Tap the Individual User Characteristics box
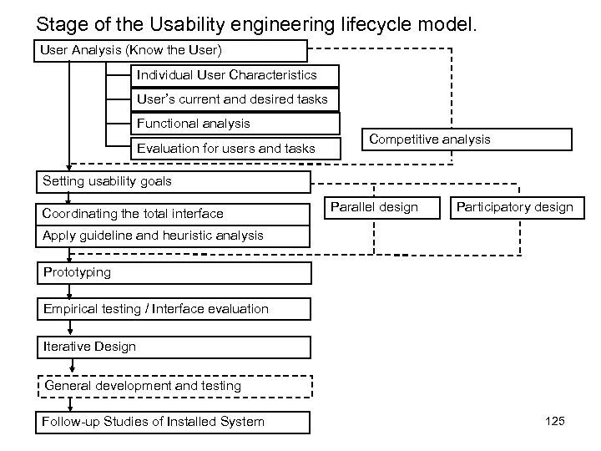point(237,75)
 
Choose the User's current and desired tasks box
point(237,99)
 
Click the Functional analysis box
point(237,124)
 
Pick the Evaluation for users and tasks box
point(237,149)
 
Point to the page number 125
point(554,421)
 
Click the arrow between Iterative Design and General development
point(72,366)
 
